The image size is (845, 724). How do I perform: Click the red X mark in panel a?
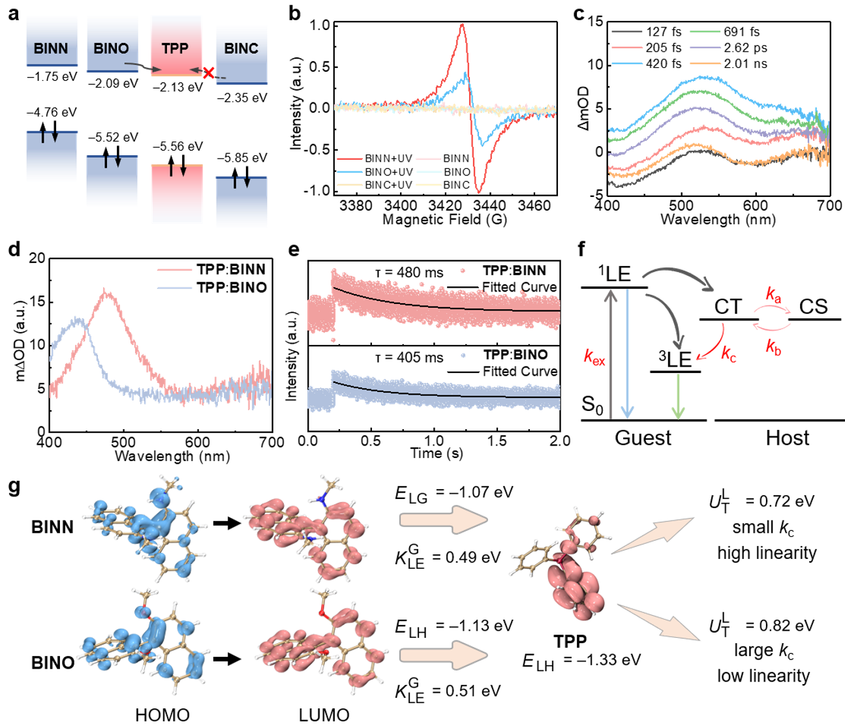[x=209, y=73]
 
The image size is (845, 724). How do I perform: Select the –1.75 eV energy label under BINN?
[x=52, y=77]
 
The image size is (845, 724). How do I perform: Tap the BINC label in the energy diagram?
[x=241, y=49]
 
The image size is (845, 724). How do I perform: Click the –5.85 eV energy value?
[x=242, y=158]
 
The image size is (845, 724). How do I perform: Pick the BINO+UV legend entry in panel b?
[x=375, y=172]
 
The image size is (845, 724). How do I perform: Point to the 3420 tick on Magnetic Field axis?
[x=459, y=205]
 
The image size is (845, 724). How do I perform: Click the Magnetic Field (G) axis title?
[x=445, y=220]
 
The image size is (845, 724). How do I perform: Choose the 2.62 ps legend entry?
[x=729, y=48]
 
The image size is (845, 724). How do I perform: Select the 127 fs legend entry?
[x=647, y=32]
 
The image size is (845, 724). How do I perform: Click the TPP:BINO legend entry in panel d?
[x=212, y=288]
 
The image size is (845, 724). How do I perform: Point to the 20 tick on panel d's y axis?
[x=37, y=258]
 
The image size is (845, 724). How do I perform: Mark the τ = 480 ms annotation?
[x=409, y=273]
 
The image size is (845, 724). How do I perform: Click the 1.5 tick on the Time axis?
[x=497, y=441]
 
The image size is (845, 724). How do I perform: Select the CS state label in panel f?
[x=814, y=307]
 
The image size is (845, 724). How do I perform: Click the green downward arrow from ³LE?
[x=678, y=396]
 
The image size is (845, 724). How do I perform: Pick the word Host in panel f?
[x=788, y=438]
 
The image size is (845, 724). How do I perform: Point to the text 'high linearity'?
[x=767, y=553]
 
